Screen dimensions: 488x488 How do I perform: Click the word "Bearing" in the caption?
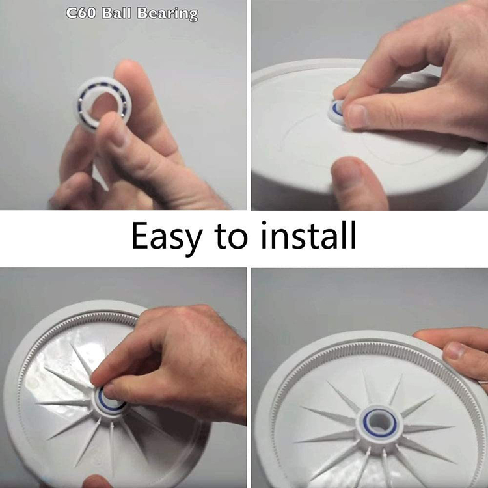point(167,14)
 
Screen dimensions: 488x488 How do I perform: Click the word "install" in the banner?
point(308,235)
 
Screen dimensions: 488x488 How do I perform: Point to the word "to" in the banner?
point(230,237)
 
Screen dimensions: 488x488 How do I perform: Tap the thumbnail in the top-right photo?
point(357,115)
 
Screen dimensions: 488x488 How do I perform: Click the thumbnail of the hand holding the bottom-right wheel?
point(455,351)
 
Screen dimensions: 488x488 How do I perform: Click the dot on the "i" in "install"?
point(264,223)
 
